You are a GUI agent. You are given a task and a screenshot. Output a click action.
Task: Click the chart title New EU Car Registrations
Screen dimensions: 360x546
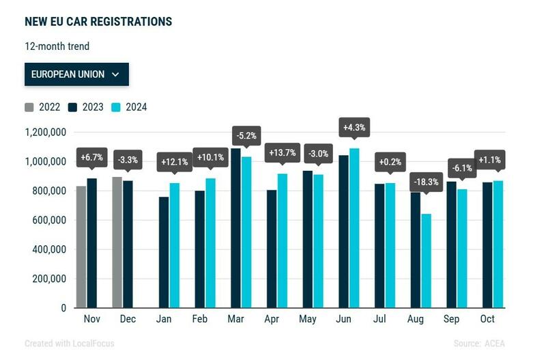[98, 21]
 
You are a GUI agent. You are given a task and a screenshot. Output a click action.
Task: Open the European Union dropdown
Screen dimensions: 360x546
[76, 74]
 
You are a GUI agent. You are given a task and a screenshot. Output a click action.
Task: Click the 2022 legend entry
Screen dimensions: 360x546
[43, 107]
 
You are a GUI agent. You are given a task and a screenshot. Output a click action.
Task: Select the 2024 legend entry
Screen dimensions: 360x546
[129, 107]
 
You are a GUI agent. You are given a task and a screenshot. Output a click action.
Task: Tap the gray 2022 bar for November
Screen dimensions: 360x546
[81, 247]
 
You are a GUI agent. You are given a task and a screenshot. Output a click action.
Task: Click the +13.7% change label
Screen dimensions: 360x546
[282, 152]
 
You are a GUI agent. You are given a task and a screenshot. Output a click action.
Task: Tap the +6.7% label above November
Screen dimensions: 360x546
[92, 158]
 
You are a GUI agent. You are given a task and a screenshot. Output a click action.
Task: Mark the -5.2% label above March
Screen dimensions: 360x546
[246, 136]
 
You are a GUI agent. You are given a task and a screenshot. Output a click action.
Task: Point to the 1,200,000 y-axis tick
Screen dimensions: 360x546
[45, 132]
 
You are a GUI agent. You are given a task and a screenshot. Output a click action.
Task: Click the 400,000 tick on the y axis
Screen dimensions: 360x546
[49, 249]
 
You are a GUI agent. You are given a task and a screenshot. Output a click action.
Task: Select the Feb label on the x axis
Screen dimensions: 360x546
[200, 319]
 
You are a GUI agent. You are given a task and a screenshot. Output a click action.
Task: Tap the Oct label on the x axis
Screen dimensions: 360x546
[487, 319]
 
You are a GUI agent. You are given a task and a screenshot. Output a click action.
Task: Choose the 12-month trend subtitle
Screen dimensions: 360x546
[57, 46]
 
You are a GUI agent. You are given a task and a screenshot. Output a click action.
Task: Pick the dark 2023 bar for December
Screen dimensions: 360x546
[128, 244]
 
